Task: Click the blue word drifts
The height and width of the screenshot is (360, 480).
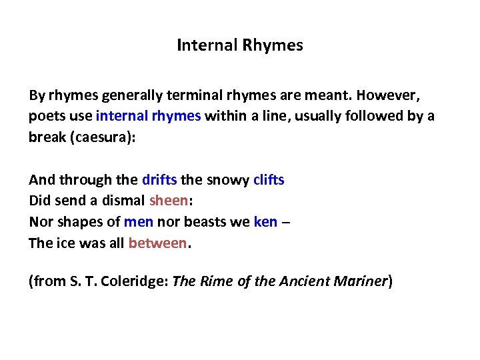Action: coord(159,179)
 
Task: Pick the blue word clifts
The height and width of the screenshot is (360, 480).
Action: coord(269,179)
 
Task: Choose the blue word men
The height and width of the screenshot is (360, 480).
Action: coord(139,222)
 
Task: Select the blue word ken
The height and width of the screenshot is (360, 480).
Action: coord(265,222)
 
